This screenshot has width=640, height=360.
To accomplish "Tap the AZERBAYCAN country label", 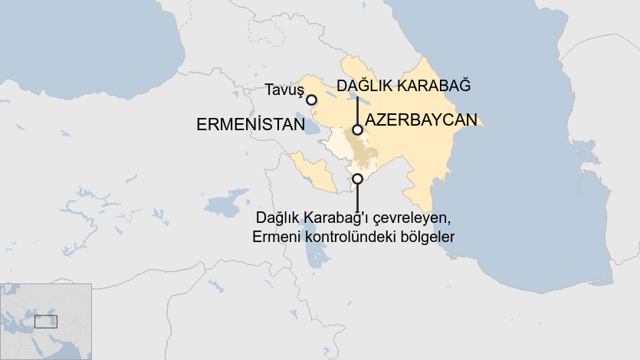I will click(x=421, y=120).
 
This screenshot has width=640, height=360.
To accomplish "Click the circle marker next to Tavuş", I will click(x=311, y=100).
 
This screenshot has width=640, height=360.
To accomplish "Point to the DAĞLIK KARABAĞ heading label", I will click(x=403, y=85).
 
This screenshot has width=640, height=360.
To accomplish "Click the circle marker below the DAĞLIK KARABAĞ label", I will click(x=357, y=130).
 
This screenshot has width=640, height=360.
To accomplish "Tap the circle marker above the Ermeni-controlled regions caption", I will click(x=357, y=178).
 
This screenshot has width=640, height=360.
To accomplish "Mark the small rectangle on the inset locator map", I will click(x=45, y=322).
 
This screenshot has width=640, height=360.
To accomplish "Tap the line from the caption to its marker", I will click(x=357, y=196).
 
